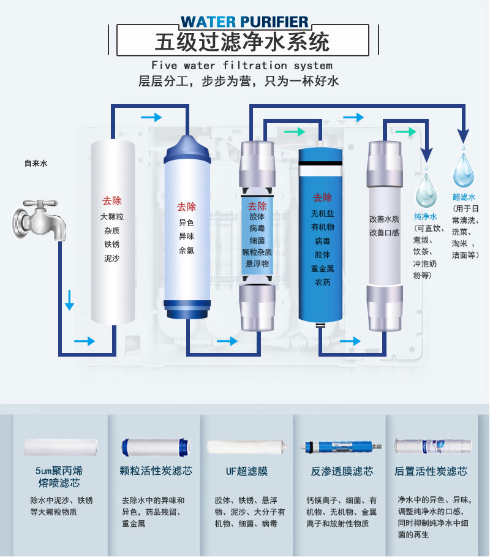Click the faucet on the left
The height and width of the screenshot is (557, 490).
click(x=39, y=220)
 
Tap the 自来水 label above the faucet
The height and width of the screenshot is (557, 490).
click(x=36, y=164)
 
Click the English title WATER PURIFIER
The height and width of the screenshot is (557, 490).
click(x=244, y=22)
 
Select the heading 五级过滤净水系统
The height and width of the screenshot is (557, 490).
click(x=243, y=42)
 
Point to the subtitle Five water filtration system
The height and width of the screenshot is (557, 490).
click(x=242, y=66)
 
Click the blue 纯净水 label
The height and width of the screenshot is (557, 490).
click(x=425, y=217)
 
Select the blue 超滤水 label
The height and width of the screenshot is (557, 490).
click(x=464, y=197)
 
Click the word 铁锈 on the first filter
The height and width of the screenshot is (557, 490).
click(x=112, y=244)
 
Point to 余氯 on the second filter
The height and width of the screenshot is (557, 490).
click(x=186, y=251)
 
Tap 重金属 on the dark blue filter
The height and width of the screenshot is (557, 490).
click(x=322, y=269)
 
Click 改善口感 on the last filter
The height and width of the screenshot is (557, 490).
click(x=384, y=233)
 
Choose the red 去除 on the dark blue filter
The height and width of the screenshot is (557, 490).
click(x=322, y=197)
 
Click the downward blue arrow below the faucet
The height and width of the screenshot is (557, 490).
click(x=69, y=300)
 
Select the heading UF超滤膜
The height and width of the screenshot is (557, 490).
click(x=247, y=471)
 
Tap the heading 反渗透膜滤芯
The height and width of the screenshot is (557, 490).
click(x=342, y=471)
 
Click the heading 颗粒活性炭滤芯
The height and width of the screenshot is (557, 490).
click(x=156, y=471)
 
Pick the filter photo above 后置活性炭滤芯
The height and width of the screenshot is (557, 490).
click(x=432, y=446)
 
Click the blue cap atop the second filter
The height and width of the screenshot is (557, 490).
click(x=187, y=148)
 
